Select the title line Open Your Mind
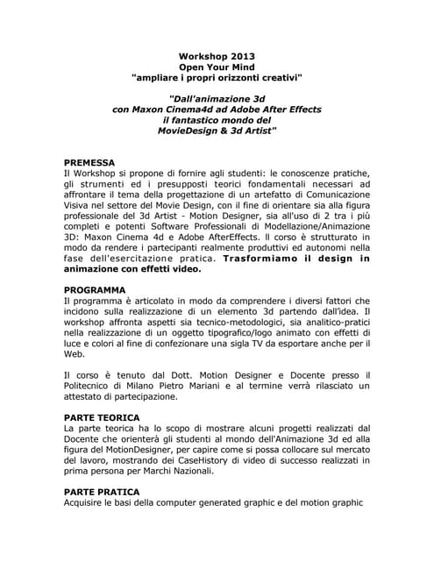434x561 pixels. click(217, 66)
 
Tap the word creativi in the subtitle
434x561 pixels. click(276, 78)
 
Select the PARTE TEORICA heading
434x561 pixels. click(102, 416)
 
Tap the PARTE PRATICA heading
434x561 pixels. click(101, 492)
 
